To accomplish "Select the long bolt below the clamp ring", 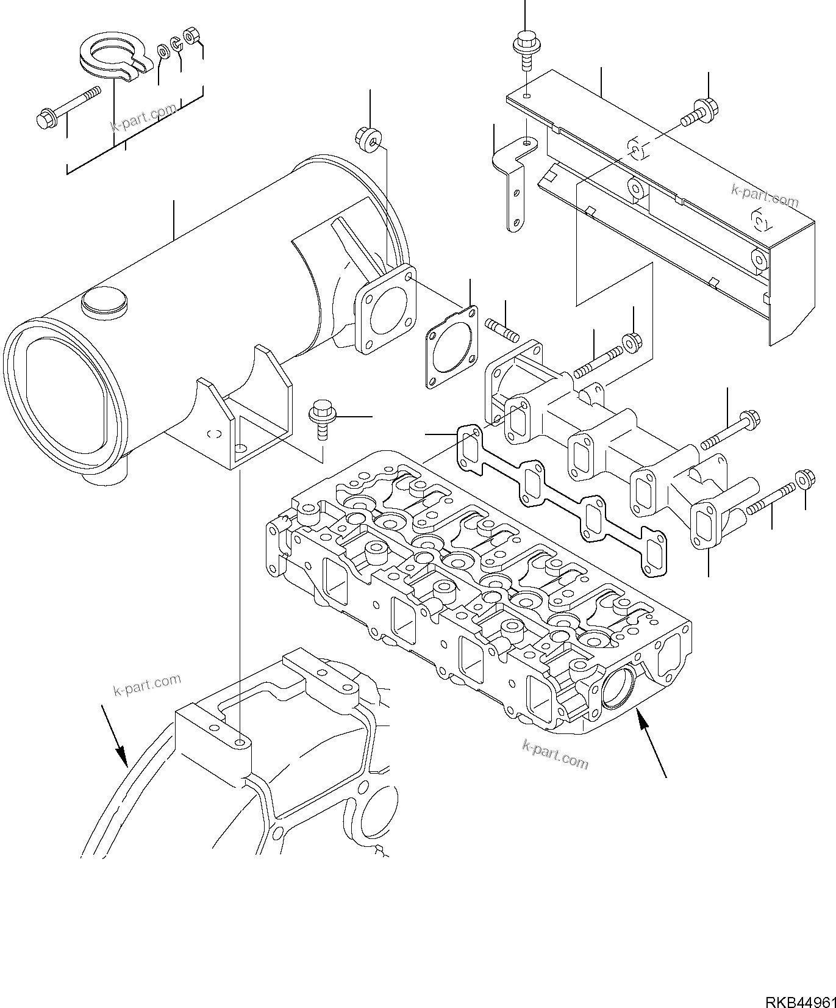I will (67, 107).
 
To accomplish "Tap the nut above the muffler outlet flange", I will (368, 137).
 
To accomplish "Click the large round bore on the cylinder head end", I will (618, 688).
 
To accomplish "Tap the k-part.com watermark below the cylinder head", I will (555, 755).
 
